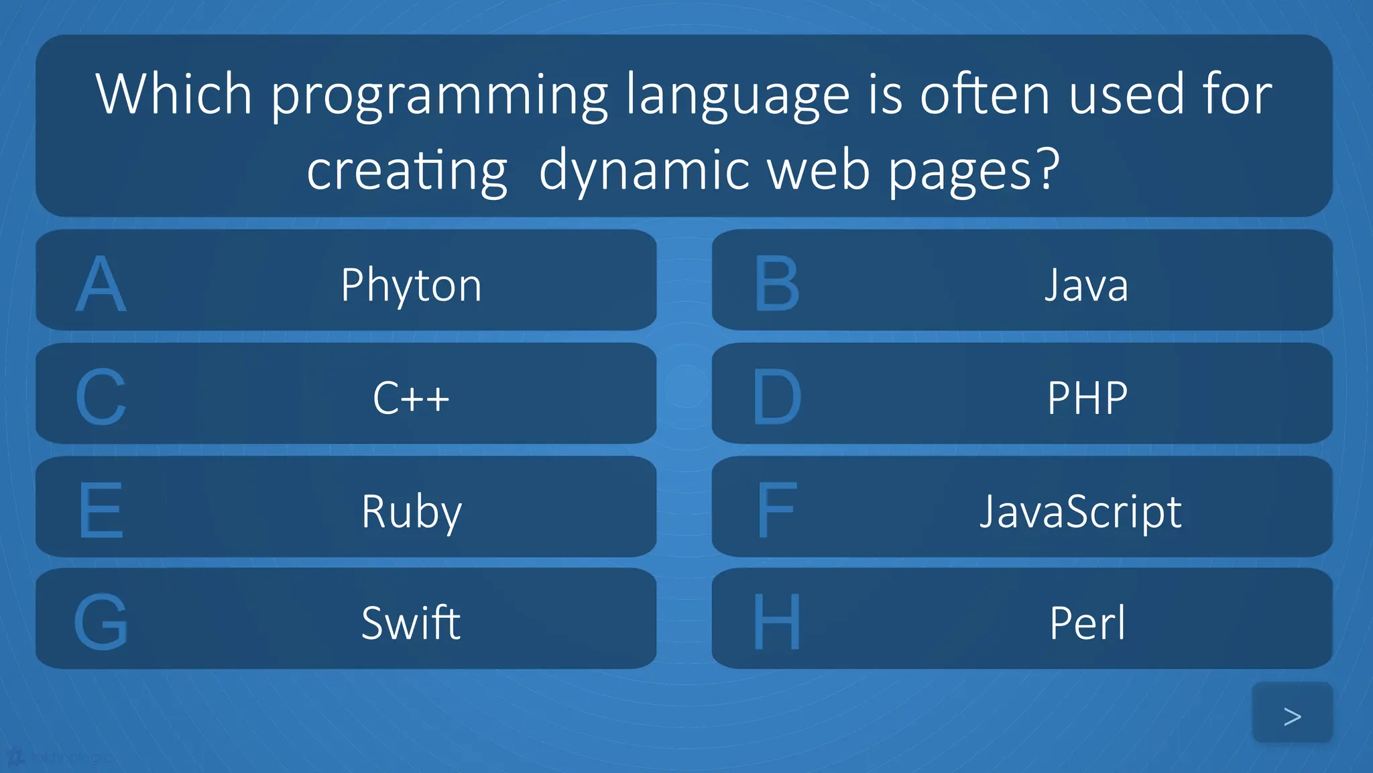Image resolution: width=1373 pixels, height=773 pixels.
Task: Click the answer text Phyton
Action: (x=411, y=285)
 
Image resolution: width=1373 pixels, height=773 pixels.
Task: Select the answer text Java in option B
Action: (x=1086, y=285)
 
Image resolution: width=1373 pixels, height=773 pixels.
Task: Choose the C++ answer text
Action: (x=411, y=398)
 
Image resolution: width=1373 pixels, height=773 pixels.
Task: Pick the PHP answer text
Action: (x=1087, y=398)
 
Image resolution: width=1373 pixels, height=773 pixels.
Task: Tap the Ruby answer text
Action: (x=412, y=511)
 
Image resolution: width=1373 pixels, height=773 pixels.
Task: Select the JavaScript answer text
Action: (x=1081, y=511)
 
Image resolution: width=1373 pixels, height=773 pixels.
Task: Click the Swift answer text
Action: (x=411, y=623)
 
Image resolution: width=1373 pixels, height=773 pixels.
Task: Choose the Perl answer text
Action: (x=1087, y=623)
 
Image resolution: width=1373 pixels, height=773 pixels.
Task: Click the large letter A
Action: (x=101, y=285)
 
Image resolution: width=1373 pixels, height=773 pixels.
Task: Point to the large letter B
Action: (x=777, y=285)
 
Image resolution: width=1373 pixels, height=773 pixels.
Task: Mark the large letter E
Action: (x=101, y=511)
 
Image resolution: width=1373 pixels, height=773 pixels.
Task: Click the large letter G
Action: (x=101, y=623)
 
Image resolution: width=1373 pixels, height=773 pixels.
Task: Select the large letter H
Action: (x=777, y=623)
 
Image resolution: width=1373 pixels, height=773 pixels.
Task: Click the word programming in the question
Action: (x=439, y=95)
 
